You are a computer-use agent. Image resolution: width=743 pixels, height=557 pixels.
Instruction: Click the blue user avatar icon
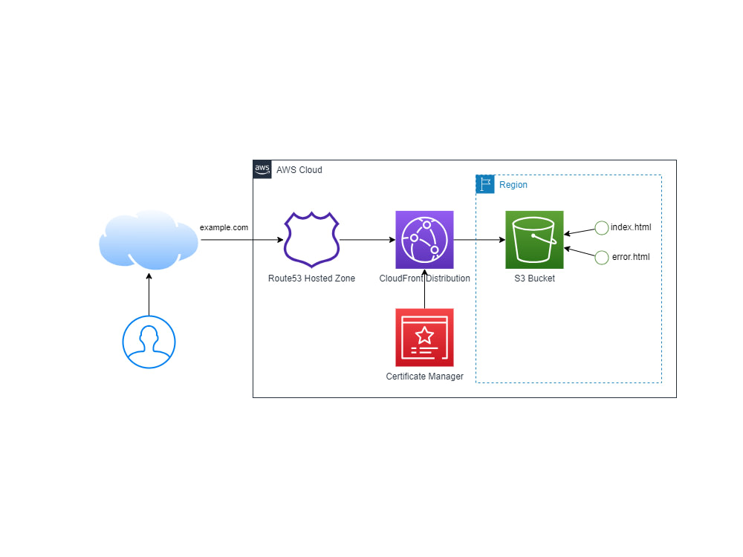click(149, 342)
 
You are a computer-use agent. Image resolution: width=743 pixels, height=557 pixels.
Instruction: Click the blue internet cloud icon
click(149, 239)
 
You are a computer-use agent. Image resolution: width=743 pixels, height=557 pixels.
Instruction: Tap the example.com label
click(224, 227)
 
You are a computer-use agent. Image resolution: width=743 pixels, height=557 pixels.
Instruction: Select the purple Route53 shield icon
click(312, 239)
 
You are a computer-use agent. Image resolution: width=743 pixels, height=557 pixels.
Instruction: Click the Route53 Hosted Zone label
click(312, 278)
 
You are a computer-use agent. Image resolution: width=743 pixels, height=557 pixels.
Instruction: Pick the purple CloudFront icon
click(424, 239)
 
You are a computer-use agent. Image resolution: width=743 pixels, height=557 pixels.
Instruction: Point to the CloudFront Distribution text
click(424, 278)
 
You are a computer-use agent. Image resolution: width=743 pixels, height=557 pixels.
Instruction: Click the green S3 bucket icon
click(534, 239)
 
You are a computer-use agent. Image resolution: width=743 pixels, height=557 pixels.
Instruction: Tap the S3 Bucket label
click(534, 278)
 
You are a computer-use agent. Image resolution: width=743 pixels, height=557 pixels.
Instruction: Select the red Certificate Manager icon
click(424, 337)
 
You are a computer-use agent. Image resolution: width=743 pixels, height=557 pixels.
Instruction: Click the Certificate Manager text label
click(424, 377)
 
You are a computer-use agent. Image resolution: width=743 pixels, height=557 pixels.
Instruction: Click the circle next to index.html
click(602, 227)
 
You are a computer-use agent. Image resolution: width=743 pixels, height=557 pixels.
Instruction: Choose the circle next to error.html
click(602, 257)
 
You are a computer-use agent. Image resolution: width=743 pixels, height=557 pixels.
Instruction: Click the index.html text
click(630, 227)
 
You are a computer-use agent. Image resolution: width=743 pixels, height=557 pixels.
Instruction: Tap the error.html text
click(630, 257)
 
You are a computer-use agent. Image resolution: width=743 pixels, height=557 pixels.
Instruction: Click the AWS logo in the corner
click(262, 169)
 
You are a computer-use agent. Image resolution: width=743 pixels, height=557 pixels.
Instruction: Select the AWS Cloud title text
click(299, 170)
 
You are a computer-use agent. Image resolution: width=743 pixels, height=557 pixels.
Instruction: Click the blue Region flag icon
click(485, 184)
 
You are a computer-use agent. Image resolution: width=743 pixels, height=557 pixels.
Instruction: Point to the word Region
click(513, 185)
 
